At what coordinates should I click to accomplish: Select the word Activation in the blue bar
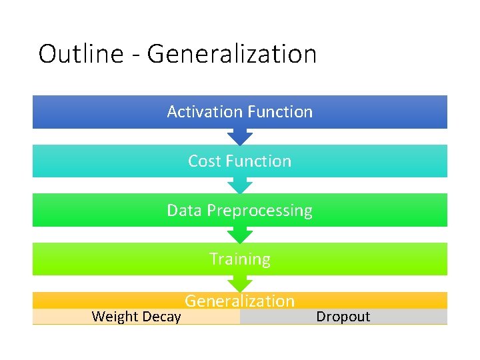[197, 111]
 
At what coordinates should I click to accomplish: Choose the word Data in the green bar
[184, 210]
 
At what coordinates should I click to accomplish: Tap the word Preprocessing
[259, 211]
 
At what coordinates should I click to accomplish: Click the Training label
[240, 259]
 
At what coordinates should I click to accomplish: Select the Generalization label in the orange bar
[240, 301]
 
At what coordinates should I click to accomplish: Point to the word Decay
[161, 317]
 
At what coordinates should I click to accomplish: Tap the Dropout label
[343, 317]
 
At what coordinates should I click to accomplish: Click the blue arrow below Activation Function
[240, 138]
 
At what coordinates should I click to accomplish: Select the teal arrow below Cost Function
[240, 187]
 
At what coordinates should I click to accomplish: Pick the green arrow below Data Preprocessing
[240, 235]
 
